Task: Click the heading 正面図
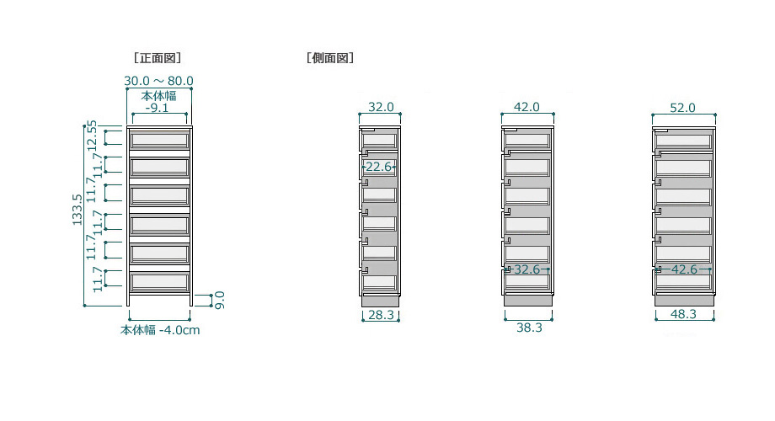point(158,58)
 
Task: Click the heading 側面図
point(330,58)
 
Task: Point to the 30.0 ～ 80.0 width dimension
point(158,81)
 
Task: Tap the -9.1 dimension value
point(158,108)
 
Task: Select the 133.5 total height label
point(77,210)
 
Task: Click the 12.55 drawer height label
point(92,136)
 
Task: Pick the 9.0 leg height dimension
point(221,300)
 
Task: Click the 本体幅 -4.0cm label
point(160,330)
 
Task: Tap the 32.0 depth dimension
point(381,107)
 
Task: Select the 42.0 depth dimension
point(526,107)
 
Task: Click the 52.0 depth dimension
point(682,108)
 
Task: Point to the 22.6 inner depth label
point(378,167)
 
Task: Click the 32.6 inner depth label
point(526,269)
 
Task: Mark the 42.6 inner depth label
point(684,269)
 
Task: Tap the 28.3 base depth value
point(381,315)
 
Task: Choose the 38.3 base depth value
point(529,328)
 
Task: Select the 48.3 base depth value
point(683,314)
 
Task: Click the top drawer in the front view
point(159,141)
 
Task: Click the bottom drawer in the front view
point(159,282)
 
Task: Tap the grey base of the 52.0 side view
point(685,300)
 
